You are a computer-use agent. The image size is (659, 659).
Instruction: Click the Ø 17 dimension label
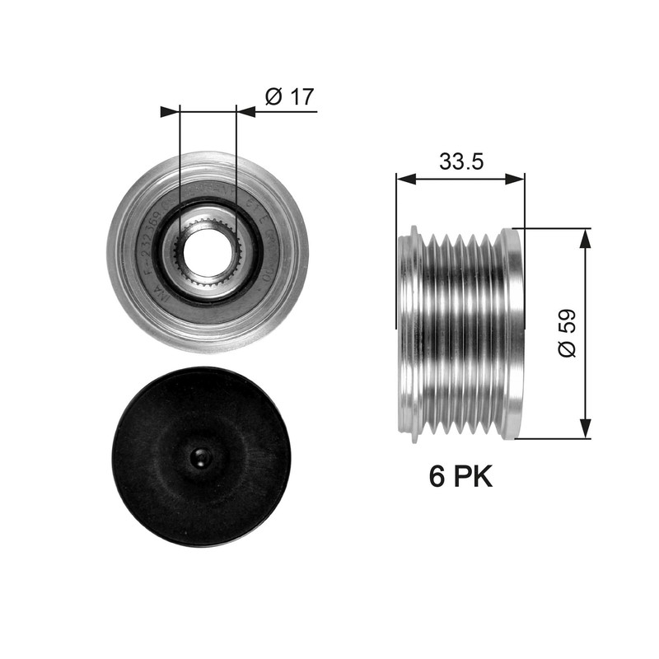click(289, 96)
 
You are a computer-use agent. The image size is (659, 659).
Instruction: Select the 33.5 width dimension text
click(460, 161)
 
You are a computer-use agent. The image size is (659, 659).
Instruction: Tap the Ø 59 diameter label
click(567, 334)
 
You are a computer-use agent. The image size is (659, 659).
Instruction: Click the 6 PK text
click(460, 476)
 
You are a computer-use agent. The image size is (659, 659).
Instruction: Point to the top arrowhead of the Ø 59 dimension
click(585, 236)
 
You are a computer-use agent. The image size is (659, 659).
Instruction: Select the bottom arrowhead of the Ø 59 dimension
click(585, 430)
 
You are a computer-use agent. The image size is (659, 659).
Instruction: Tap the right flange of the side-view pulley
click(514, 334)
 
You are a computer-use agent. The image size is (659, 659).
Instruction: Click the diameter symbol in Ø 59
click(567, 348)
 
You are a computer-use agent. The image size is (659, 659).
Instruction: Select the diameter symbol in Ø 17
click(273, 96)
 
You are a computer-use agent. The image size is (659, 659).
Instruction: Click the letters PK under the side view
click(473, 476)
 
